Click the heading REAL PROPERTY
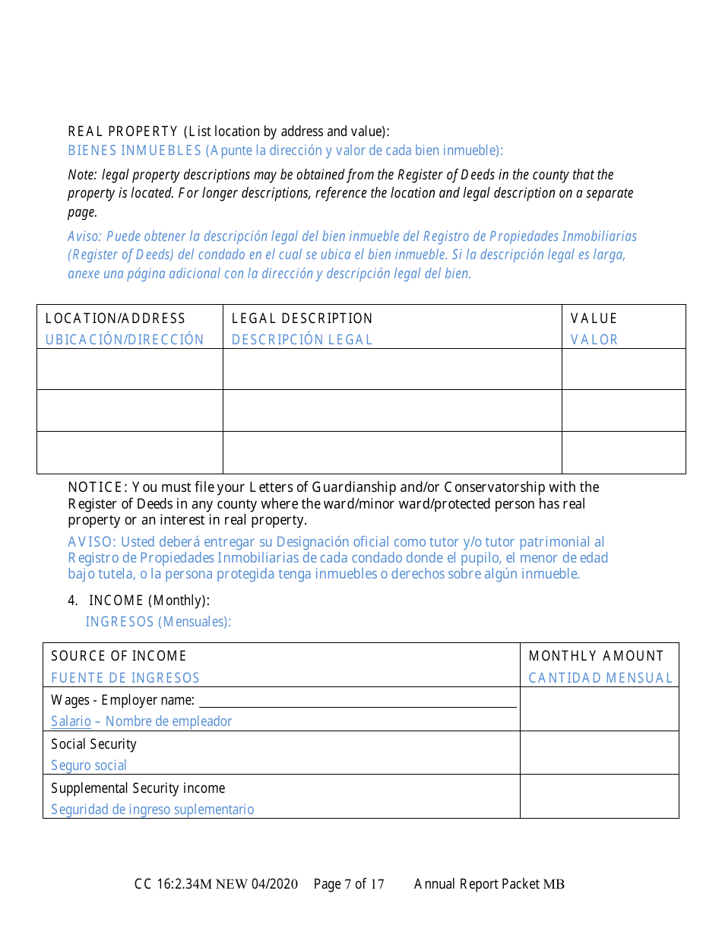click(123, 132)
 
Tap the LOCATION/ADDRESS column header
click(116, 319)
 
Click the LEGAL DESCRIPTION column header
click(302, 319)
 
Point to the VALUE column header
click(594, 319)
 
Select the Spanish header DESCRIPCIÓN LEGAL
click(302, 340)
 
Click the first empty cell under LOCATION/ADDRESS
click(130, 369)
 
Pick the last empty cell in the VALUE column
click(623, 452)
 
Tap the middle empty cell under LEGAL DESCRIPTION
click(392, 410)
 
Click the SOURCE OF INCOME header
click(119, 656)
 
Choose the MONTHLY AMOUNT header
click(596, 656)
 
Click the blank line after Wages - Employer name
click(357, 701)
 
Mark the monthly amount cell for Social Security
click(599, 753)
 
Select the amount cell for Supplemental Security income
click(599, 797)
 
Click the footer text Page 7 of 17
click(349, 884)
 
